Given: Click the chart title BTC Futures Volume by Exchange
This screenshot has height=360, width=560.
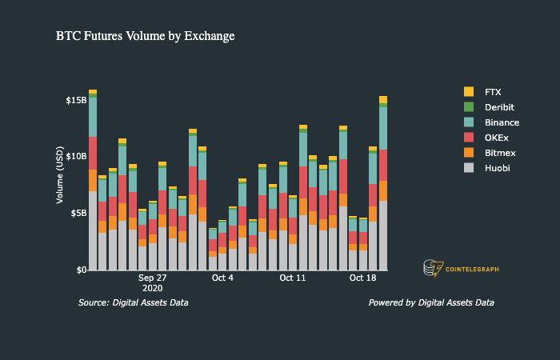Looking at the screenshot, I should pos(145,36).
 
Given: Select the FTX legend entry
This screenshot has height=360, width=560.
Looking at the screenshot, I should pos(493,92).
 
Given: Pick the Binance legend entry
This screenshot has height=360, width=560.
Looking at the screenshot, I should pos(502,122).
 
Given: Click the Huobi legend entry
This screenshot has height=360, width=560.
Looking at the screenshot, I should pos(497,168).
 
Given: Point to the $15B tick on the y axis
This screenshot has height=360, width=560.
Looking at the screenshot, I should pos(75,101).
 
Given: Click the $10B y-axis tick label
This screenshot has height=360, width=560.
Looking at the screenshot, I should pos(75,157).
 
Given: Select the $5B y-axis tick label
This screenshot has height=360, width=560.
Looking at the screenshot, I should pos(78,214).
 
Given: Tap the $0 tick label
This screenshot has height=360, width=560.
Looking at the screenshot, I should pos(80,270).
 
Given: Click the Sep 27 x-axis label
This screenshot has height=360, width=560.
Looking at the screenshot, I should pos(152,278).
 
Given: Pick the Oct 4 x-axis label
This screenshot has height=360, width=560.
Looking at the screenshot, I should pos(222,278).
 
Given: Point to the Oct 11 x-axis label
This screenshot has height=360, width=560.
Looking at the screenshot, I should pos(293,278).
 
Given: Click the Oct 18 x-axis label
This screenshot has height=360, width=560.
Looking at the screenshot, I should pos(363,278).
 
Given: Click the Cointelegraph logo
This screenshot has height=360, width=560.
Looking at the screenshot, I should pos(461,268).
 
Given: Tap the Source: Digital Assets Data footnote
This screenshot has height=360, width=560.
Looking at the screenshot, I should pos(133,303).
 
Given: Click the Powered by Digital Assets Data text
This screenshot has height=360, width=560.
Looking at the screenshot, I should pos(431,303).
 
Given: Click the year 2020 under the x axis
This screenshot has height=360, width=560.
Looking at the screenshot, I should pos(152,288).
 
